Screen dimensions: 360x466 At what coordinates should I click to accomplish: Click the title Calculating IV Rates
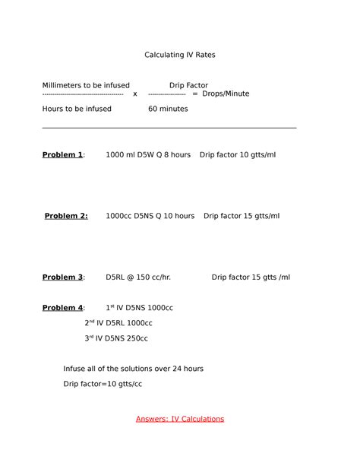180,55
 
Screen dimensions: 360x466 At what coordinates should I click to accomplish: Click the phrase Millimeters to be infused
86,85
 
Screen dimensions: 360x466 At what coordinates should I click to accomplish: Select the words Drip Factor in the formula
188,85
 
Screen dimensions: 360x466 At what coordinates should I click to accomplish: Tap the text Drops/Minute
226,94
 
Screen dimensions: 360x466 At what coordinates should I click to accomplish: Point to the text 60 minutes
168,109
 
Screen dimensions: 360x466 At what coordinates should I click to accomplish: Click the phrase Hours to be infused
77,109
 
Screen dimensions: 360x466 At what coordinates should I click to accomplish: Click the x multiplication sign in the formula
135,94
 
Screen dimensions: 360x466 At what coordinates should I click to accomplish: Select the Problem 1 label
63,155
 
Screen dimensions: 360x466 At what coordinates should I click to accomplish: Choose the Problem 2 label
66,216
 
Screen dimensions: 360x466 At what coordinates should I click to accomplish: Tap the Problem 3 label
63,277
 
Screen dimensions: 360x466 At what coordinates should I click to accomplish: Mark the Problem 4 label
63,308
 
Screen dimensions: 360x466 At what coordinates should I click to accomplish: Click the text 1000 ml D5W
129,155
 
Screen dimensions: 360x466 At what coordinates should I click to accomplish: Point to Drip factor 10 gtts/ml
238,155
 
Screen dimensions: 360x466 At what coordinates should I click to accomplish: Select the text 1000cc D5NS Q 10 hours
150,216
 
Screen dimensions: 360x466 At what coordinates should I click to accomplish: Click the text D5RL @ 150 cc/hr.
138,277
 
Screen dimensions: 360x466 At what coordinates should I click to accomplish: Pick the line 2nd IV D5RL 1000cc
118,323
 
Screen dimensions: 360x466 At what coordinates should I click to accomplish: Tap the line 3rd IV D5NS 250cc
116,338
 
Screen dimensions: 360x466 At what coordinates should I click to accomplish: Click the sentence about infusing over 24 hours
133,369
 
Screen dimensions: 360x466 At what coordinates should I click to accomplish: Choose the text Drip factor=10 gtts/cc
103,384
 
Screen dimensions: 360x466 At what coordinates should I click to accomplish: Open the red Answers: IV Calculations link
180,419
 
